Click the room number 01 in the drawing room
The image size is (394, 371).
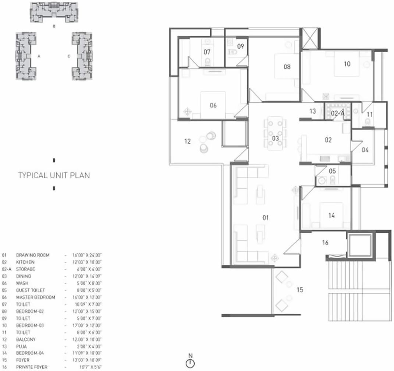[x=265, y=218]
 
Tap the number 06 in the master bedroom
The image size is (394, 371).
[x=213, y=106]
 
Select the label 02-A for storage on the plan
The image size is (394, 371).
[x=337, y=114]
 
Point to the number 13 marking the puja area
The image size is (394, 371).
[x=312, y=111]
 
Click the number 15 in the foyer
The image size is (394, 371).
[x=299, y=290]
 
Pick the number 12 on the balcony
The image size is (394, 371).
[x=187, y=141]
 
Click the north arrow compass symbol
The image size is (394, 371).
[x=190, y=363]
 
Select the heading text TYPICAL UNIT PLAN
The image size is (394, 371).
[x=54, y=175]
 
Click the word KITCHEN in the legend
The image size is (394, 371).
[x=25, y=262]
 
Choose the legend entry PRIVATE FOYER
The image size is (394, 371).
[x=32, y=367]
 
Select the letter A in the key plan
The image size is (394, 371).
[x=39, y=56]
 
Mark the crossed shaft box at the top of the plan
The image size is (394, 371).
[x=309, y=38]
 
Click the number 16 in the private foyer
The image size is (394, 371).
[x=325, y=243]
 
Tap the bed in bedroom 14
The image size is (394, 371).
[x=331, y=215]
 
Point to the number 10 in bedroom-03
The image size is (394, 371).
[x=347, y=64]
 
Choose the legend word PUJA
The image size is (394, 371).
[x=21, y=346]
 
